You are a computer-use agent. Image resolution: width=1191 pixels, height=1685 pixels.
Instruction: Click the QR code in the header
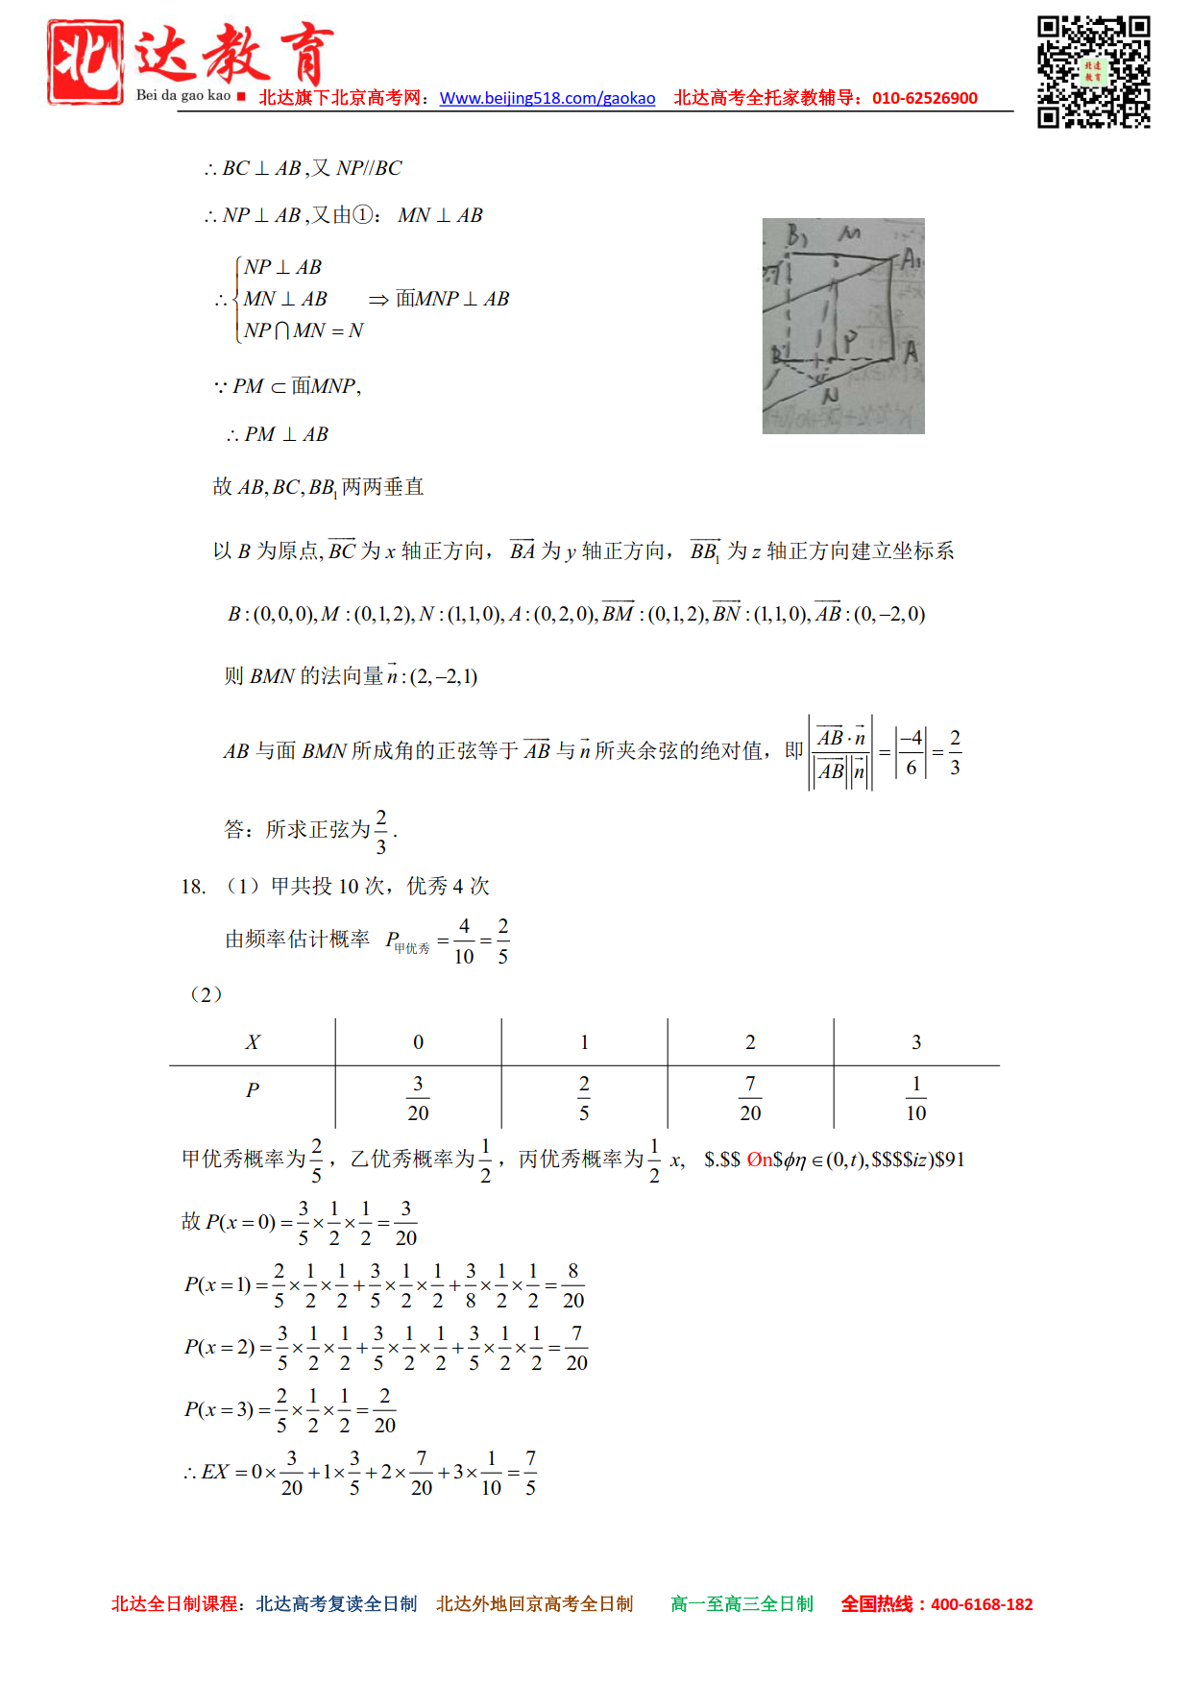[x=1093, y=71]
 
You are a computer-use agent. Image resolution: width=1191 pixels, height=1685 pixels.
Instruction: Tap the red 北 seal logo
[x=85, y=61]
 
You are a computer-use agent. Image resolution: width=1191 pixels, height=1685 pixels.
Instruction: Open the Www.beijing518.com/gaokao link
[x=547, y=98]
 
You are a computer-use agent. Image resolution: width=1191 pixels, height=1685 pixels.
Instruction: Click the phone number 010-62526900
[x=924, y=98]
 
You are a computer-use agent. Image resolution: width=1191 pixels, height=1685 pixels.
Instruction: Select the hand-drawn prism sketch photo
[x=843, y=326]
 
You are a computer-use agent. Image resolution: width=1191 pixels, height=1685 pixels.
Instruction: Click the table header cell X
[x=253, y=1042]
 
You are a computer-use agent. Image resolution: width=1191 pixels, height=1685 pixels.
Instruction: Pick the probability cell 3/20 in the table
[x=418, y=1098]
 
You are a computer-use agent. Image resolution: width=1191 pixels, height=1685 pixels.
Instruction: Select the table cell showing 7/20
[x=750, y=1098]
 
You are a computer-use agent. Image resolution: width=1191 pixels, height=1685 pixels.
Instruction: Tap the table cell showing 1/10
[x=916, y=1098]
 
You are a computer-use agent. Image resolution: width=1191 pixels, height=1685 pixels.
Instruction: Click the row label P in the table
[x=253, y=1090]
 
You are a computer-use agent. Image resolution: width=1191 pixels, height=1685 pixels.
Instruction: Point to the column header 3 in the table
[x=916, y=1042]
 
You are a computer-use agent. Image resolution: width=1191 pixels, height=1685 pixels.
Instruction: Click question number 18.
[x=193, y=887]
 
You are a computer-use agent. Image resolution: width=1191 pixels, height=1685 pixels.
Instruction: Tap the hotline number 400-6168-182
[x=982, y=1604]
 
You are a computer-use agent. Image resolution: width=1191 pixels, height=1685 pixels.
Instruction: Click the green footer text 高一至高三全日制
[x=741, y=1604]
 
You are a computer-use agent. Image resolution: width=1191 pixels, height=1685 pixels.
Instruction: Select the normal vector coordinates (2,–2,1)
[x=444, y=676]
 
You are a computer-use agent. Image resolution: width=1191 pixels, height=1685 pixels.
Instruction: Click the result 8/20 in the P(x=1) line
[x=572, y=1285]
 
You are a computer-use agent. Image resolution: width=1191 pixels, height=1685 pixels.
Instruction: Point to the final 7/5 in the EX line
[x=530, y=1473]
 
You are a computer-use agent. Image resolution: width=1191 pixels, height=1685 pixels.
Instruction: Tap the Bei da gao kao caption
[x=182, y=95]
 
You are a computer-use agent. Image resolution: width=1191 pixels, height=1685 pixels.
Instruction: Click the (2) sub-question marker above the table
[x=206, y=994]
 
